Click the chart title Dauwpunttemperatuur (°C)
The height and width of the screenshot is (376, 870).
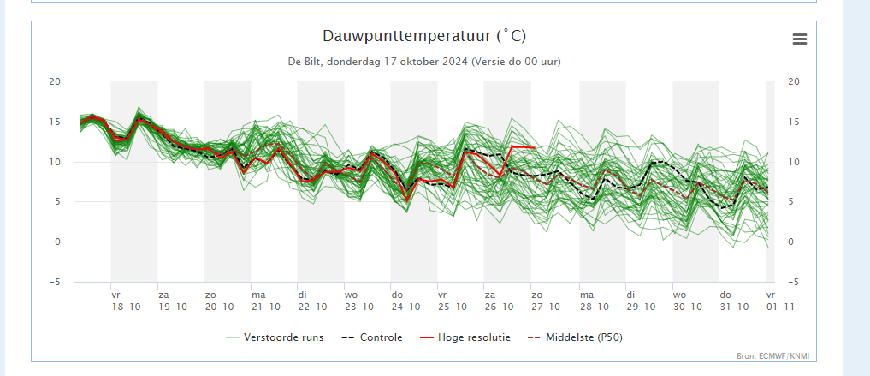[424, 36]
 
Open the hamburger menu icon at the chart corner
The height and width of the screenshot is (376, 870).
[800, 39]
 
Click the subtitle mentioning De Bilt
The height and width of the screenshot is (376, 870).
[424, 62]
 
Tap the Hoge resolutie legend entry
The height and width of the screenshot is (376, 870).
[474, 337]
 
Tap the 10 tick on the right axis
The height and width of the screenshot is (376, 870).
[793, 162]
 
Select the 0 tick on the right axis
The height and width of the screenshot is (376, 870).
[790, 242]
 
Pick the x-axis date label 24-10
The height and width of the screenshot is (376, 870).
[405, 307]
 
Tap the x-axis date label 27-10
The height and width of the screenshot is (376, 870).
[546, 307]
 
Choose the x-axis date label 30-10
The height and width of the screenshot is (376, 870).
[687, 307]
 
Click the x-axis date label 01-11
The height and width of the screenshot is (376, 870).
[778, 307]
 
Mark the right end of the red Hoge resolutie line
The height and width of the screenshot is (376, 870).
[536, 148]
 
